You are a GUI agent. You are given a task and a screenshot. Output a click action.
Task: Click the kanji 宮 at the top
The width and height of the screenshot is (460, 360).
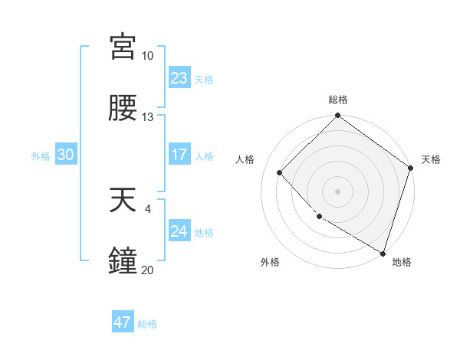point(123,47)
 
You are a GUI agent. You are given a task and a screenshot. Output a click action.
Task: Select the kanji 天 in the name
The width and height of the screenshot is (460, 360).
point(123,200)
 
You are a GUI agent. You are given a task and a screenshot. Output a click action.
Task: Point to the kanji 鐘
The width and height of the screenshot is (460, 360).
point(123,261)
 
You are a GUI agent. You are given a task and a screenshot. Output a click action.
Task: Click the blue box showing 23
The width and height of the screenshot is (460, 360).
point(179,77)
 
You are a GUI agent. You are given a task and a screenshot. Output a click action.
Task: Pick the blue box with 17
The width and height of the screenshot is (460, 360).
point(179,155)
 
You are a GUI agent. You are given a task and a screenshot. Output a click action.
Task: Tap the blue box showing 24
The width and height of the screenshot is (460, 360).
point(179,231)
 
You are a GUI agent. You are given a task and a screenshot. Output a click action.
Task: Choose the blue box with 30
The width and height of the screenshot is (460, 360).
point(65,155)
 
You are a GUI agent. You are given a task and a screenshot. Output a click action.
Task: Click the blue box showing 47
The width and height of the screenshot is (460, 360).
point(123,322)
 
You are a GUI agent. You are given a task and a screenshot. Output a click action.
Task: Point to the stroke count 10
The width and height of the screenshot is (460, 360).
point(147,56)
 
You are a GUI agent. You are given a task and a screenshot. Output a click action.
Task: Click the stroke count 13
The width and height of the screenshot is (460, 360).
point(147,117)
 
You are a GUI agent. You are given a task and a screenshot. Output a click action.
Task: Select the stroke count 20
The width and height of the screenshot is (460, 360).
point(147,270)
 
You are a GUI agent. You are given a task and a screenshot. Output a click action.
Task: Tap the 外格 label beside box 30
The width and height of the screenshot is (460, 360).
point(41,155)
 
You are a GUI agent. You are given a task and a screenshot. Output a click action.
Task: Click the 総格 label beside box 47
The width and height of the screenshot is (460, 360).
point(147,323)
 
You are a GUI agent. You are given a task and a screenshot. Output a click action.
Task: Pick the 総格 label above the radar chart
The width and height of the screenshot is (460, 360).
point(338,100)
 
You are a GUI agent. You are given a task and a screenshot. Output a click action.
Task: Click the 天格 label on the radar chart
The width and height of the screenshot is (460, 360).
point(431,159)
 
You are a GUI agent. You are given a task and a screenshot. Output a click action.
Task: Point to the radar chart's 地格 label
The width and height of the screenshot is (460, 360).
point(402,262)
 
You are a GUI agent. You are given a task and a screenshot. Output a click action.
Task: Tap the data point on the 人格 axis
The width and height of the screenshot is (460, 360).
point(280,172)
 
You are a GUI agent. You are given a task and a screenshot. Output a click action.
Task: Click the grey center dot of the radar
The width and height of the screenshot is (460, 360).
point(338,191)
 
